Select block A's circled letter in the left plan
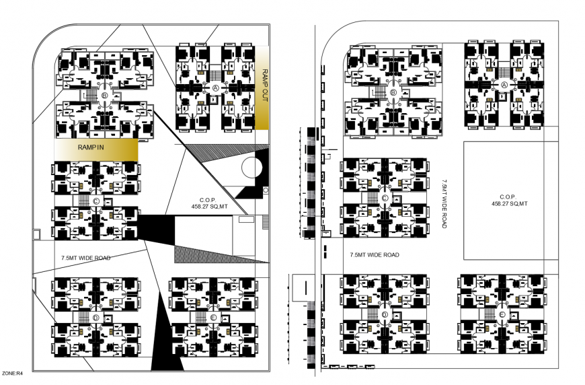pos(215,88)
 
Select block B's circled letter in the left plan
pos(104,96)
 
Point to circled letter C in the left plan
pos(96,201)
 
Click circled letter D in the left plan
pos(96,317)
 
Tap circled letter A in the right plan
pos(504,85)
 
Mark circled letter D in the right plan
pos(384,314)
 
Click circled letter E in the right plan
pos(502,314)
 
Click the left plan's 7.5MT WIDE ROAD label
pos(85,258)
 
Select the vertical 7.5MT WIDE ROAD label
pos(444,204)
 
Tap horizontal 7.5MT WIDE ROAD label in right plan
pos(375,255)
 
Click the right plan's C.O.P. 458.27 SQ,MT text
pos(509,200)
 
